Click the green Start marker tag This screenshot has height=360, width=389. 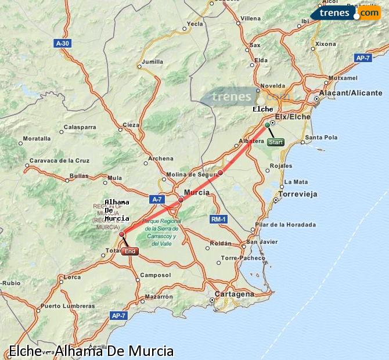pyautogui.click(x=276, y=142)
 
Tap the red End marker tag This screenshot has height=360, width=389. pyautogui.click(x=130, y=251)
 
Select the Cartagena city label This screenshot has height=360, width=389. pyautogui.click(x=234, y=294)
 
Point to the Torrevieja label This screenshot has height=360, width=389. pyautogui.click(x=298, y=194)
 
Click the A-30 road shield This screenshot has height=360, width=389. pyautogui.click(x=62, y=43)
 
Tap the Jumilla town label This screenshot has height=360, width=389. pyautogui.click(x=152, y=61)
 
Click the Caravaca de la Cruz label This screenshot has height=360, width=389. pyautogui.click(x=60, y=160)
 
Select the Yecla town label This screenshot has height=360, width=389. pyautogui.click(x=195, y=24)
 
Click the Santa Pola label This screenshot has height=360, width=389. pyautogui.click(x=321, y=138)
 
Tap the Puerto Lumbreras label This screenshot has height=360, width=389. pyautogui.click(x=67, y=305)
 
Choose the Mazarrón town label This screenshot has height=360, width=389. pyautogui.click(x=159, y=296)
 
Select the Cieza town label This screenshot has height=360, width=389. pyautogui.click(x=131, y=124)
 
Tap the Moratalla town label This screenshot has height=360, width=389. pyautogui.click(x=36, y=139)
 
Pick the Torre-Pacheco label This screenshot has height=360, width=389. pyautogui.click(x=240, y=257)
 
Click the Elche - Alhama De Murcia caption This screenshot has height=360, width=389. pyautogui.click(x=91, y=351)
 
